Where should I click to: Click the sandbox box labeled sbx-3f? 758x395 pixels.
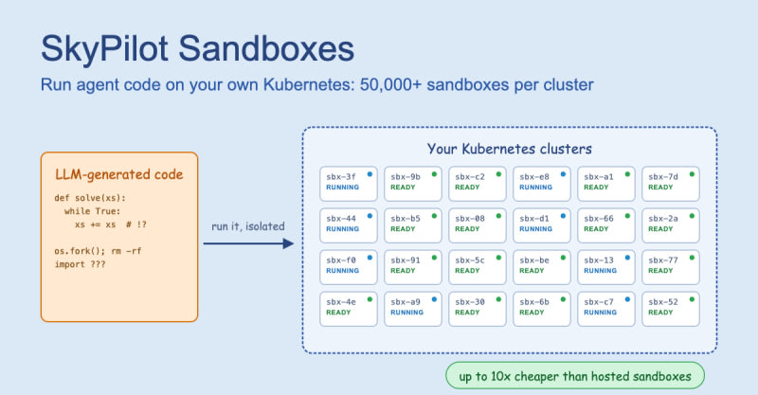tap(349, 184)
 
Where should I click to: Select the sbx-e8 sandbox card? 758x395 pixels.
tap(542, 184)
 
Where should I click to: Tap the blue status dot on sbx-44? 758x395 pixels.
tap(370, 216)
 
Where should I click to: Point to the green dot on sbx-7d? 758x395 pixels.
tap(692, 174)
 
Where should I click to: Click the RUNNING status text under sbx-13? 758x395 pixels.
tap(600, 271)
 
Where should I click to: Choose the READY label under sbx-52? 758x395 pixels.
tap(660, 313)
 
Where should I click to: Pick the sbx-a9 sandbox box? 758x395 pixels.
tap(413, 309)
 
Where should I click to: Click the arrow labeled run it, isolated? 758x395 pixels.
tap(248, 243)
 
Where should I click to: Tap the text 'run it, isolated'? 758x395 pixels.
tap(248, 226)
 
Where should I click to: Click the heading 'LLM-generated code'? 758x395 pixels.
tap(119, 174)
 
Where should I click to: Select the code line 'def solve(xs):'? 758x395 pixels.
tap(90, 198)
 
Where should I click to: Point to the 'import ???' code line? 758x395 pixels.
tap(80, 264)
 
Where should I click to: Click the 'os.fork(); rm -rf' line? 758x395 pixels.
tap(98, 251)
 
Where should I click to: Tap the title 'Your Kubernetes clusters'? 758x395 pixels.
tap(510, 149)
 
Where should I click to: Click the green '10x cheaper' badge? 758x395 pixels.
tap(575, 376)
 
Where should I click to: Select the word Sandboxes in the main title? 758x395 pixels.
tap(266, 49)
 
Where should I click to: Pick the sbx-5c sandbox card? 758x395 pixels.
tap(478, 267)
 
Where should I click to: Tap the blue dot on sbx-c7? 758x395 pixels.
tap(627, 299)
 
